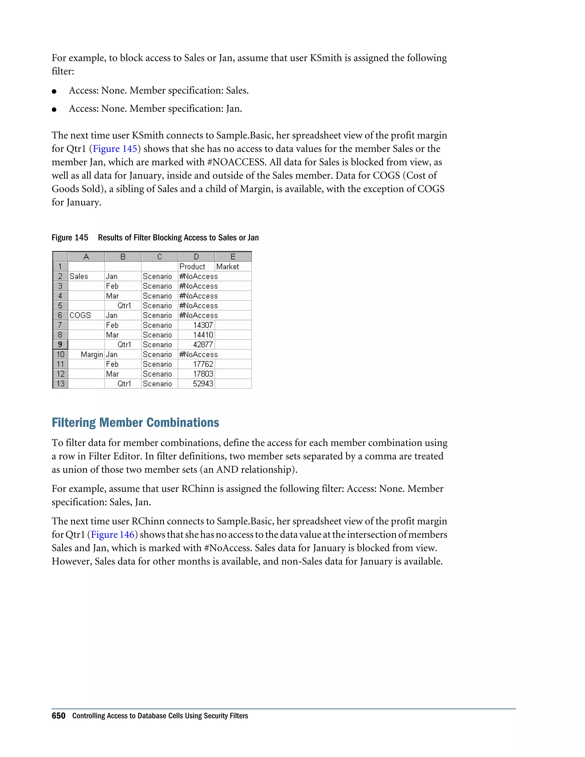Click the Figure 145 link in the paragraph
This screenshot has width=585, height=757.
point(115,149)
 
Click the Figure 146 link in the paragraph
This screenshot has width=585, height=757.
point(113,534)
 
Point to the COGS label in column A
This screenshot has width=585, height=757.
point(80,315)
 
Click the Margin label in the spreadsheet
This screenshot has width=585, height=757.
point(92,355)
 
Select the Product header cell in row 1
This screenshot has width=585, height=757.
point(192,267)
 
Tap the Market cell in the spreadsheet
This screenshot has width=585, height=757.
point(228,267)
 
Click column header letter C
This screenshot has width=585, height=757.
point(159,257)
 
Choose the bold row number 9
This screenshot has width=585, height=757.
point(60,345)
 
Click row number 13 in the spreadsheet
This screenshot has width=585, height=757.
point(60,384)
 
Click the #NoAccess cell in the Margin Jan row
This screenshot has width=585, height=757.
point(198,355)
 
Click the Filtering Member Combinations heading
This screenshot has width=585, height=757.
point(135,422)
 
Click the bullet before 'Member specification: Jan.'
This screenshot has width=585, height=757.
point(54,109)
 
